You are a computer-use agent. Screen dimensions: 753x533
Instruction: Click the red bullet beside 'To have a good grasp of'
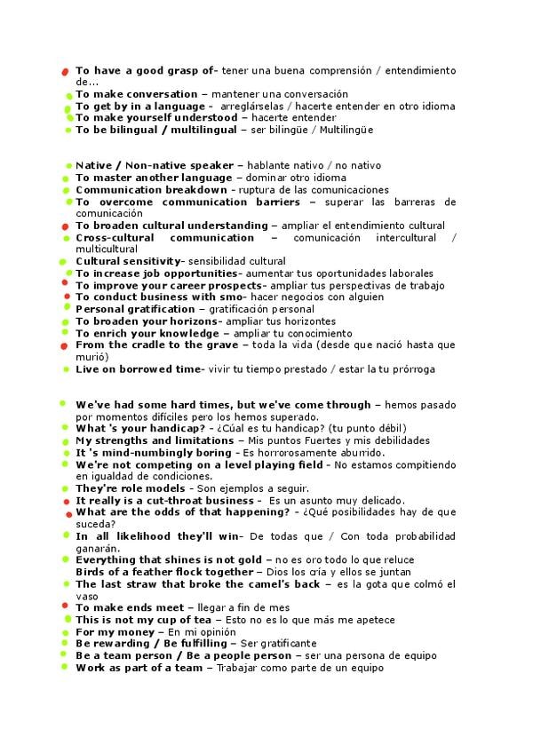(65, 71)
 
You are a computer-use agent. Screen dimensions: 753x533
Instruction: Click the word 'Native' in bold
(94, 166)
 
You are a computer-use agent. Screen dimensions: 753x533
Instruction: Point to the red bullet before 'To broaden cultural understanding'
(65, 227)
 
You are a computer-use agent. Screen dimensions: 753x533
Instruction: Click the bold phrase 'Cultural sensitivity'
(127, 262)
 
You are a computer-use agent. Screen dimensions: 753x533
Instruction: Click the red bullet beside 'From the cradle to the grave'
(65, 345)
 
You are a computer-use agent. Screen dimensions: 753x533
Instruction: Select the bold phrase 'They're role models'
(131, 488)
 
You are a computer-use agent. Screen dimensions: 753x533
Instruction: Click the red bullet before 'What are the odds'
(68, 513)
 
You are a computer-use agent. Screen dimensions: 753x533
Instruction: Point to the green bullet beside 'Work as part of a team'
(65, 667)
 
